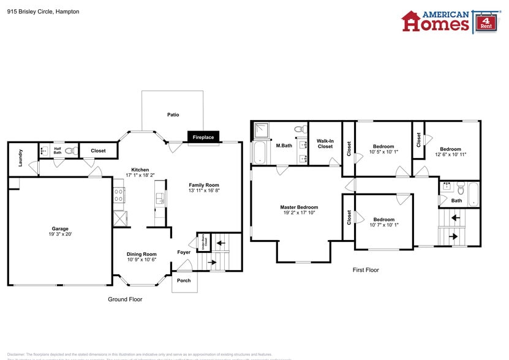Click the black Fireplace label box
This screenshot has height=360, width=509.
point(203,137)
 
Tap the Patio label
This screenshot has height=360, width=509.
point(173,114)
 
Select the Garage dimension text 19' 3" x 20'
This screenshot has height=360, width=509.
point(60,234)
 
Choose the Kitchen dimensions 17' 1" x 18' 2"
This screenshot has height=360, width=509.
point(140,175)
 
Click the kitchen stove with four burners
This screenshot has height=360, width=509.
point(119,195)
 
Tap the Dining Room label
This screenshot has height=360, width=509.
point(141,254)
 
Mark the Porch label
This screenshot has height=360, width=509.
point(184,280)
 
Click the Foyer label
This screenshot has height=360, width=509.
point(184,252)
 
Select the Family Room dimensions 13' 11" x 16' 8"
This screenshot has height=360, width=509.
point(204,190)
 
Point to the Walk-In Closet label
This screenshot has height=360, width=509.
point(325,143)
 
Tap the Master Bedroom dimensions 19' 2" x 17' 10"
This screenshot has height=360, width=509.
point(299,212)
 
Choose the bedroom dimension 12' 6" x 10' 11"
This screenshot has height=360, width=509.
point(450,154)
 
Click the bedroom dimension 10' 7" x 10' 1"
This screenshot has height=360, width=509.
point(383,225)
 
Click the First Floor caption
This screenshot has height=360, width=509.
point(366,270)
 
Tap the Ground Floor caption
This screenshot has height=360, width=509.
point(125,299)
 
